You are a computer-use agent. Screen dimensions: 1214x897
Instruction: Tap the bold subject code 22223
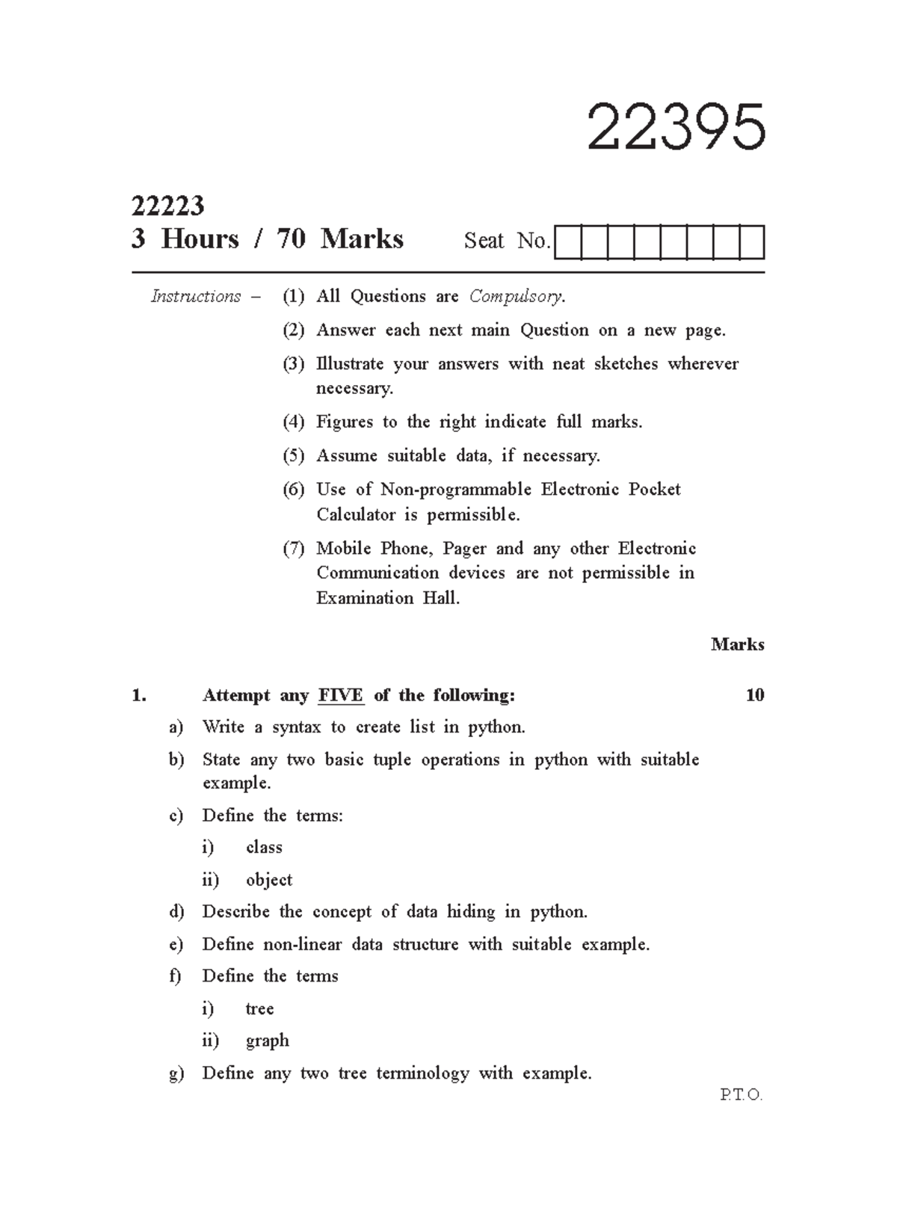coord(167,206)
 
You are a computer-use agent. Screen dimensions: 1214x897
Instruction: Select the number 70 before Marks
coord(291,239)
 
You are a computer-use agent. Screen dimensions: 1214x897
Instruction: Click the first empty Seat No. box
coord(568,243)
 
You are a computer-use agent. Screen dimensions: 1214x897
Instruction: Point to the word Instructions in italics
coord(196,297)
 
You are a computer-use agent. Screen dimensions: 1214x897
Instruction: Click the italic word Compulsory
coord(516,297)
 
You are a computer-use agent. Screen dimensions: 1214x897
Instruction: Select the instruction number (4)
coord(293,422)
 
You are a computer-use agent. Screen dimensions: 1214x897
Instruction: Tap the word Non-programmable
coord(456,490)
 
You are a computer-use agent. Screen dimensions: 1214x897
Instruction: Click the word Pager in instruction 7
coord(464,549)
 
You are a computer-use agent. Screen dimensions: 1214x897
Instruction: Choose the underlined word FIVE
coord(341,696)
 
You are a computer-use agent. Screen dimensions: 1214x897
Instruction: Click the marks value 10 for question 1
coord(755,696)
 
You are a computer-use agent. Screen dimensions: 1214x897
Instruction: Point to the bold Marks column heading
coord(737,644)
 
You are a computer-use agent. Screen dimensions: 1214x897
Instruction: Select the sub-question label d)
coord(176,912)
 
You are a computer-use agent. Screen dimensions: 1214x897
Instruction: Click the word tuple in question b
coord(392,760)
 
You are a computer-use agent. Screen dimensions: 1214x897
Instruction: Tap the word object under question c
coord(269,880)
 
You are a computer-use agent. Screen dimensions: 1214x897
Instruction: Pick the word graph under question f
coord(267,1041)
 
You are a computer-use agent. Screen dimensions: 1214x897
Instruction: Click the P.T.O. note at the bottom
coord(741,1096)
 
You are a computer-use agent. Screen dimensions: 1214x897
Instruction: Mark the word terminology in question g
coord(422,1073)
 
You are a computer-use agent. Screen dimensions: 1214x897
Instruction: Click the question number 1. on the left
coord(138,696)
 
